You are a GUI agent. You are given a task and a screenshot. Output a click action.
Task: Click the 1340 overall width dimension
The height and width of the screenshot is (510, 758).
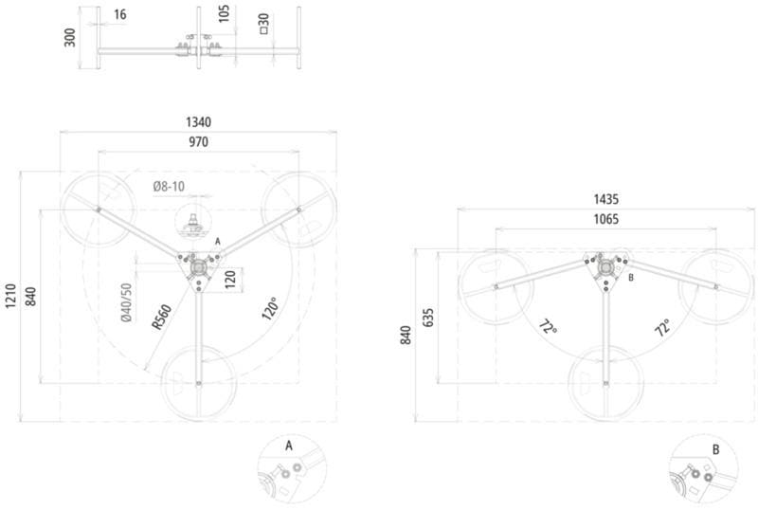pyautogui.click(x=198, y=122)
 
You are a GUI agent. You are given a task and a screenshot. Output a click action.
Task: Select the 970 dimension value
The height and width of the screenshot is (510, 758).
pyautogui.click(x=198, y=142)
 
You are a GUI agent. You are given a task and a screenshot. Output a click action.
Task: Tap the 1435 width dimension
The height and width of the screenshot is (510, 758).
pyautogui.click(x=605, y=199)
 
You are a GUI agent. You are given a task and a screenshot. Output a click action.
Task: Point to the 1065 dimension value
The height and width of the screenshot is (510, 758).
pyautogui.click(x=605, y=219)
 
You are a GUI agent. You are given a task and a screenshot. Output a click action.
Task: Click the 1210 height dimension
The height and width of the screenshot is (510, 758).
pyautogui.click(x=10, y=296)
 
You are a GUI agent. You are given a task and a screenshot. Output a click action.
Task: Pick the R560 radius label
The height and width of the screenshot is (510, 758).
pyautogui.click(x=161, y=317)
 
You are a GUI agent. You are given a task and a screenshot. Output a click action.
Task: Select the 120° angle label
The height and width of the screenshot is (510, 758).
pyautogui.click(x=271, y=308)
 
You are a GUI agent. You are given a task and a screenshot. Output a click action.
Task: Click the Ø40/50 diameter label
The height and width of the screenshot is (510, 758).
pyautogui.click(x=126, y=302)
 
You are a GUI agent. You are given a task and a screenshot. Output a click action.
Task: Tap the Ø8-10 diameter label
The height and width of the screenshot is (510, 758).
pyautogui.click(x=169, y=187)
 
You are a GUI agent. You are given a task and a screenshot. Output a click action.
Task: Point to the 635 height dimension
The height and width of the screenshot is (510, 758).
pyautogui.click(x=428, y=318)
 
